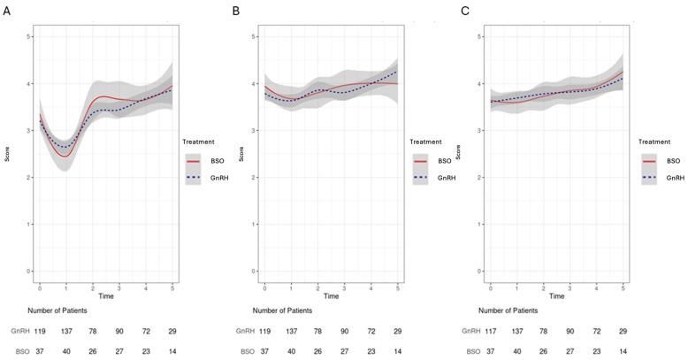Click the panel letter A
[x=7, y=11]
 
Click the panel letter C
[x=465, y=11]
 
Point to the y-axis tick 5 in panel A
[x=29, y=36]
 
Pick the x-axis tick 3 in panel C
[x=569, y=288]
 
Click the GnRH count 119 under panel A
[x=40, y=330]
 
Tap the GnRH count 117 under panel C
[x=491, y=330]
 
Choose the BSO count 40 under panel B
[x=292, y=350]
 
